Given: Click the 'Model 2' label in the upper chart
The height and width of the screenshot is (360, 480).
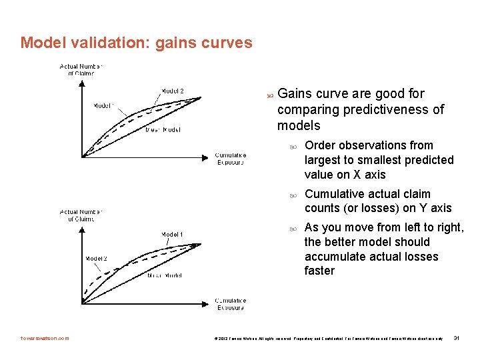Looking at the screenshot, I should pyautogui.click(x=172, y=91).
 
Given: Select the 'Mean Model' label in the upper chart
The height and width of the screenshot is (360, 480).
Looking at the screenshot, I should pyautogui.click(x=163, y=130).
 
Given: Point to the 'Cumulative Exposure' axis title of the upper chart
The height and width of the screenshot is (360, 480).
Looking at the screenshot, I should pyautogui.click(x=230, y=159).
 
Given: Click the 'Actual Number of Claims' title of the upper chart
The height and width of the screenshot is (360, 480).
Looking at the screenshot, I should pyautogui.click(x=81, y=69).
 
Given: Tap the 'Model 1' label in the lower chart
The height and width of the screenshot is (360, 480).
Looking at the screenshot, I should pyautogui.click(x=172, y=234).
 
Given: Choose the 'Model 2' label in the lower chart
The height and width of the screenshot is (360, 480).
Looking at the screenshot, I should pyautogui.click(x=96, y=258).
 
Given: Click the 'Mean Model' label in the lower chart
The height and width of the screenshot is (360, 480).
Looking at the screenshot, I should pyautogui.click(x=164, y=275).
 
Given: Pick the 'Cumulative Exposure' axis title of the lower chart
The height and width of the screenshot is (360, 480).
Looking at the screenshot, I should pyautogui.click(x=230, y=304).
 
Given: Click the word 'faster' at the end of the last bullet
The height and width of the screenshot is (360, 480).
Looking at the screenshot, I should pyautogui.click(x=319, y=271).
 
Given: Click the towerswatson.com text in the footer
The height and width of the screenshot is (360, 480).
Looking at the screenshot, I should pyautogui.click(x=45, y=339).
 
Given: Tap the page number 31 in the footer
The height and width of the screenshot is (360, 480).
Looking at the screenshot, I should pyautogui.click(x=457, y=339).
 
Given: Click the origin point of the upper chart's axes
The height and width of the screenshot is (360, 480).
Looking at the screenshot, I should pyautogui.click(x=82, y=157).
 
